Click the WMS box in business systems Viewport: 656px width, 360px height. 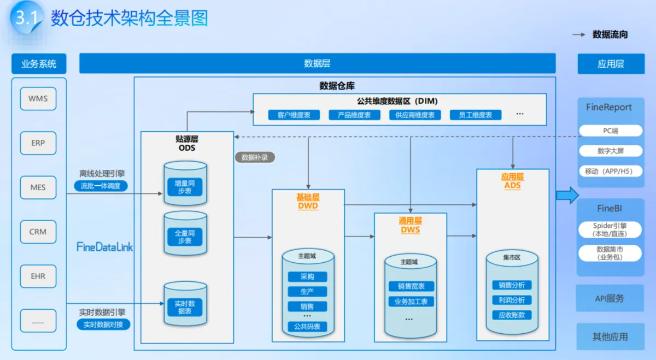38,99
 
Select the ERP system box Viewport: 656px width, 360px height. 38,143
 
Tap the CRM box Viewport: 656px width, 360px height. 38,232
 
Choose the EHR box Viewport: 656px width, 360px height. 38,276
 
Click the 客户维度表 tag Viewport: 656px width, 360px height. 294,115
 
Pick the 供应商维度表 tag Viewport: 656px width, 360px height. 415,115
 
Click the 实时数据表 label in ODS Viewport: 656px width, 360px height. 185,307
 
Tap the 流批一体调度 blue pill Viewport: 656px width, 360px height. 101,186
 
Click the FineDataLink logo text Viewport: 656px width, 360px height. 104,247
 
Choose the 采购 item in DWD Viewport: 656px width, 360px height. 307,277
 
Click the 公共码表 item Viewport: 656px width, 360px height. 307,327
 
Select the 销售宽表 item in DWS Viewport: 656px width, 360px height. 411,286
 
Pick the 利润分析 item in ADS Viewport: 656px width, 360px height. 512,300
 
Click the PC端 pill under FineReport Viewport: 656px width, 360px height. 610,131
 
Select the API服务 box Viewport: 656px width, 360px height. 610,299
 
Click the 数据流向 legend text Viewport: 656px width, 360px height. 610,34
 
